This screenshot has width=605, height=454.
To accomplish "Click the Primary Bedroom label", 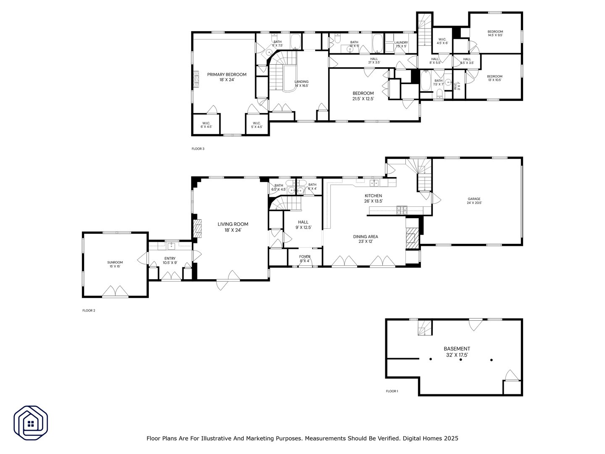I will [226, 77].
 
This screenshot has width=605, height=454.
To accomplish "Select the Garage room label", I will [474, 201].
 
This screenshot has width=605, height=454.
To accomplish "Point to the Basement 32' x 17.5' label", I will [457, 352].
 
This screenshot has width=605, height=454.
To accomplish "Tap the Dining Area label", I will [366, 239].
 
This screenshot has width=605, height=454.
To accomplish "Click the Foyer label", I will [305, 259].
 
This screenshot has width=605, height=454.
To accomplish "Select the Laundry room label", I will [401, 44].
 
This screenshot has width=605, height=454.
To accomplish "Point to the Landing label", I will [301, 84].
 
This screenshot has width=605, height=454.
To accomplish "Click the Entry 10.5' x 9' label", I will [170, 261].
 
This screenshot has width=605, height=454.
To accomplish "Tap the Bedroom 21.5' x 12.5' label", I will [363, 96].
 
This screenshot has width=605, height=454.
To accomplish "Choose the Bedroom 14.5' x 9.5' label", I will [495, 34].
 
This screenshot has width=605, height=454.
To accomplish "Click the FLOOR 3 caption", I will [198, 149].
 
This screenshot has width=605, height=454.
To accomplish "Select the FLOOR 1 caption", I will [392, 391].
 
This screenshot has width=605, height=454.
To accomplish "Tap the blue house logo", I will [31, 422].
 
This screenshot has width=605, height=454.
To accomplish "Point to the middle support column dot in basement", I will [460, 360].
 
